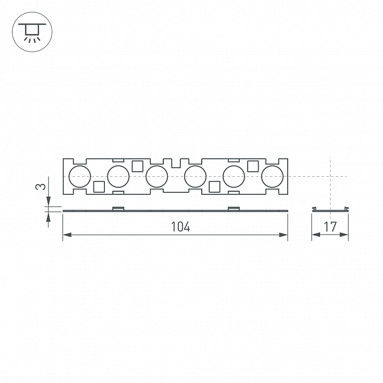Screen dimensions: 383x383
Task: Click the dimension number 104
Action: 180,227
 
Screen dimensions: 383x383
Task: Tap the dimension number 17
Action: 330,227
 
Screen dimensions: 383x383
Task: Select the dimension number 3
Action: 40,187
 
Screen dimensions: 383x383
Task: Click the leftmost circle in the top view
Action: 80,176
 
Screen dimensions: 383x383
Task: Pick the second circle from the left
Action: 118,176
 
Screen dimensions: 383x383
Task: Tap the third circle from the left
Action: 157,176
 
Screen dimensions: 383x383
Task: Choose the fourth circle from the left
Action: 195,176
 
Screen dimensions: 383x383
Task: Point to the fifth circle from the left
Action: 234,176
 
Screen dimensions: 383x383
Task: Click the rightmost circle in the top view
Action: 272,176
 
